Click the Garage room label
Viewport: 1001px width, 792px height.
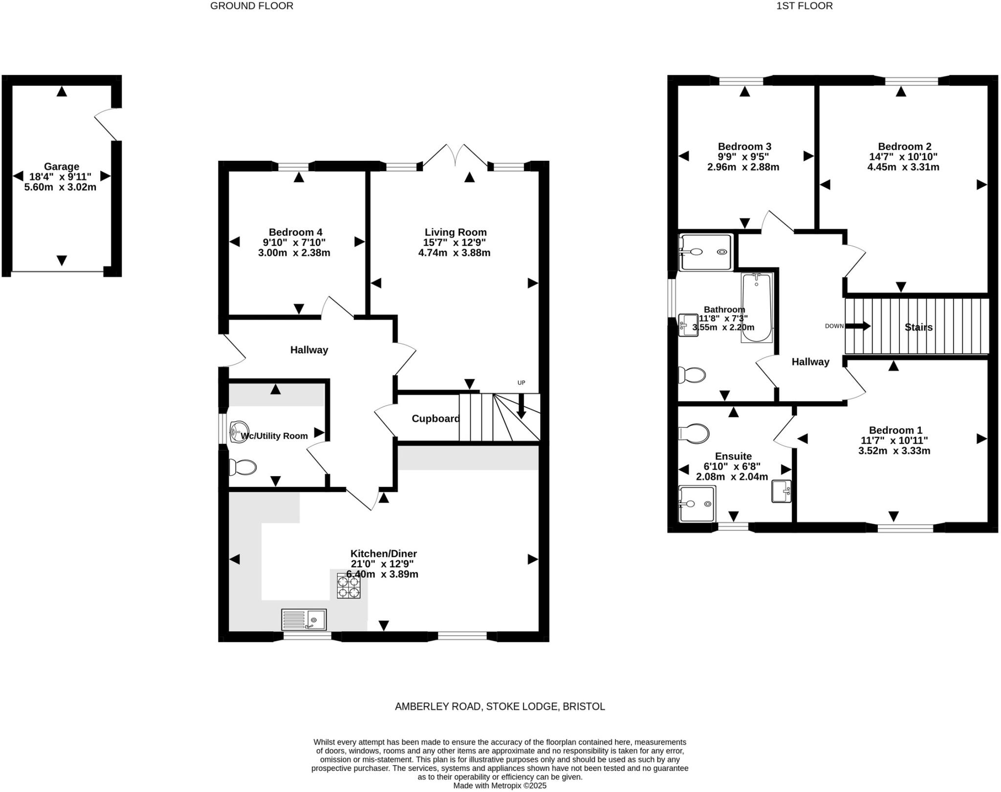(61, 167)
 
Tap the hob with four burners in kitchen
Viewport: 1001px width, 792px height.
(348, 587)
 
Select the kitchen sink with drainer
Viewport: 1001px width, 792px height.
(304, 619)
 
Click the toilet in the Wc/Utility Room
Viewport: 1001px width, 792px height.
(243, 467)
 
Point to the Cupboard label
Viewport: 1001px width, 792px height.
(435, 418)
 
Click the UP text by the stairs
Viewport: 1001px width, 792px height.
(521, 383)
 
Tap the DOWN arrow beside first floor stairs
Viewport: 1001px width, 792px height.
(858, 326)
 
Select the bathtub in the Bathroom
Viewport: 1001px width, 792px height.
(757, 308)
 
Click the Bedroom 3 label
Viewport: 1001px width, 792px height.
(744, 146)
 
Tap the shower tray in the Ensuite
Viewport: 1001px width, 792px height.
(696, 504)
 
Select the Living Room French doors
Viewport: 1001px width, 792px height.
(455, 155)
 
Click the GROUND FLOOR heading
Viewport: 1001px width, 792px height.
(252, 6)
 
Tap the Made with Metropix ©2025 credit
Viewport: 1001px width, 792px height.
(500, 786)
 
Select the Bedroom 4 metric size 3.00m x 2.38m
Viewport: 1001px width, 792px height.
(294, 253)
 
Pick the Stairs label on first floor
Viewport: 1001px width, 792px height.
(918, 327)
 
